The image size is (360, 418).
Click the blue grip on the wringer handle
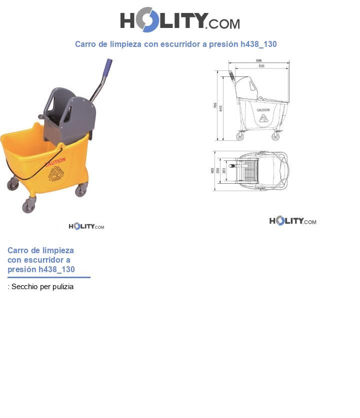pos(107,66)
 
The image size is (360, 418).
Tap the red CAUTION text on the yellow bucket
pos(55,161)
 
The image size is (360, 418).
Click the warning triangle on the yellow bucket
pos(56,175)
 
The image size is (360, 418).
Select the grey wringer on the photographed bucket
pos(69,115)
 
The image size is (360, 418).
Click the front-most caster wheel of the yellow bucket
pos(28,206)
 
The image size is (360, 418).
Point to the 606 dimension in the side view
pos(258,60)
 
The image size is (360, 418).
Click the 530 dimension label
pos(261,66)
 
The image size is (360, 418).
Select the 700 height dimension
pos(215,106)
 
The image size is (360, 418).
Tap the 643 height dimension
pos(221,107)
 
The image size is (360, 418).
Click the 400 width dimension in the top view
pos(212,171)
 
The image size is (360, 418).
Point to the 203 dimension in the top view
pos(224,171)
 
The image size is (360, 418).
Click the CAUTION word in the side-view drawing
pos(263,110)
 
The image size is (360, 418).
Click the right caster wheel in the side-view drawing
pos(275,136)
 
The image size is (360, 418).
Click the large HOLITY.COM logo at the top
pos(179,20)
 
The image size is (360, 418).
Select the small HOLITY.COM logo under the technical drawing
pos(292,221)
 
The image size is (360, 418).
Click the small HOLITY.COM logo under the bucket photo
pos(86,226)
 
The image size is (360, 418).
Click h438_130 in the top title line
pos(258,44)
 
